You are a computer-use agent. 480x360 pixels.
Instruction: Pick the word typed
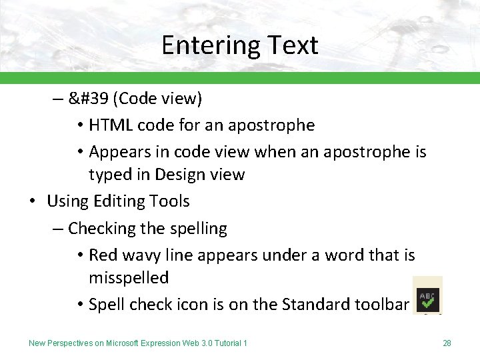(110, 175)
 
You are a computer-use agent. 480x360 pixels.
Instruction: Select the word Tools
(170, 201)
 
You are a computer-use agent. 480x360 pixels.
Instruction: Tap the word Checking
(99, 228)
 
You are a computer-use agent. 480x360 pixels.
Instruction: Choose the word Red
(102, 255)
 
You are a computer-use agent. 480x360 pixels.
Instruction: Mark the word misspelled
(129, 277)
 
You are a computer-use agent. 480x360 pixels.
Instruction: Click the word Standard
(314, 304)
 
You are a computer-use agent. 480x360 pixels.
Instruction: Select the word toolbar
(379, 304)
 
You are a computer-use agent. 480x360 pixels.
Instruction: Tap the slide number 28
(447, 343)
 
